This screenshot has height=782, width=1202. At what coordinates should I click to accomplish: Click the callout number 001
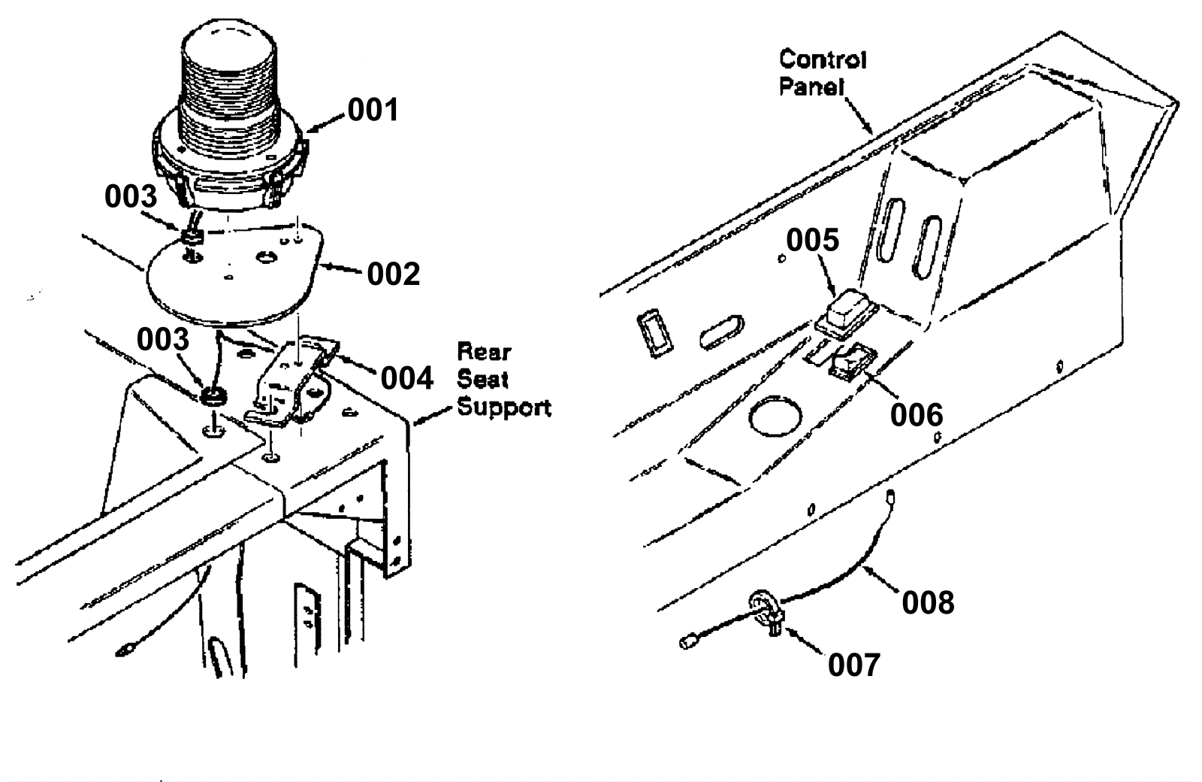[373, 111]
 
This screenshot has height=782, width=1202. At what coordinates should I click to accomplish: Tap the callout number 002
[393, 274]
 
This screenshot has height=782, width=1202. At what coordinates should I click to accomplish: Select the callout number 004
[406, 378]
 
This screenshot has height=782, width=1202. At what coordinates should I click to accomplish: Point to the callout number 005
[812, 241]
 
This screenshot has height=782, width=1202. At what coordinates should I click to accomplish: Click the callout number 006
[916, 415]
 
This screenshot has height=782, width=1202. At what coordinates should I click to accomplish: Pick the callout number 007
[853, 665]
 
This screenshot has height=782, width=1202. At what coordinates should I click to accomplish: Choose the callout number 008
[928, 603]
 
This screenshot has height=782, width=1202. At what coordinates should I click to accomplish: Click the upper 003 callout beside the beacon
[131, 197]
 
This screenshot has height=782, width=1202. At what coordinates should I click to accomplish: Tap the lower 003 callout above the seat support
[162, 340]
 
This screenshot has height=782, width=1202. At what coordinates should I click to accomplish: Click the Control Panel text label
[823, 73]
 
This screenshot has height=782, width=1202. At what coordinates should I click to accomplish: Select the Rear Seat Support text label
[503, 380]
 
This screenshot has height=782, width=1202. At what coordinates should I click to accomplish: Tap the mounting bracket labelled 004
[293, 380]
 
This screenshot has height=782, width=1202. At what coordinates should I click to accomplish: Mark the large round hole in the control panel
[774, 419]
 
